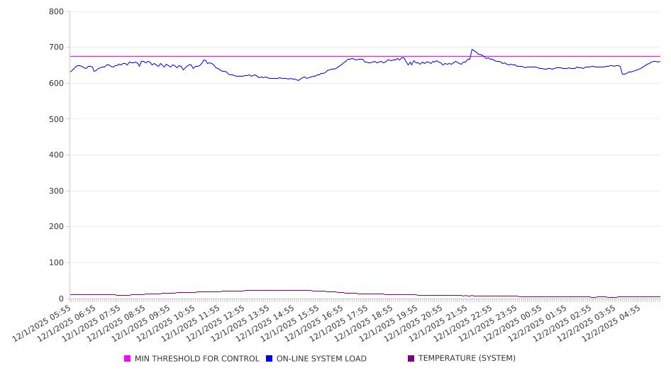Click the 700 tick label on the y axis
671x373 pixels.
tap(56, 48)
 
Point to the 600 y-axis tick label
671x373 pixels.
tap(56, 84)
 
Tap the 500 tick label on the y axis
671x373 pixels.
tap(56, 119)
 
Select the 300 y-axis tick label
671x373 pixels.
tap(56, 191)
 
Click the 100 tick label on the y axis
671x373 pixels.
tap(56, 263)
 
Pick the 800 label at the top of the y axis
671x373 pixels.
tap(56, 12)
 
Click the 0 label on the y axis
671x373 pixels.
tap(62, 299)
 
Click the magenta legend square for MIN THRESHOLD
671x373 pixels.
tap(128, 359)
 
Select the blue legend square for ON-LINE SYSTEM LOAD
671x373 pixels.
tap(269, 359)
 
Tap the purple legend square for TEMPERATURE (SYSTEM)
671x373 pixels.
tap(411, 359)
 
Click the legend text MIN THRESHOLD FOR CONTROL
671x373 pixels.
tap(196, 359)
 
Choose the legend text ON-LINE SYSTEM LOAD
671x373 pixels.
tap(321, 359)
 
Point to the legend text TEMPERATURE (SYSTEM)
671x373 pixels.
tap(467, 359)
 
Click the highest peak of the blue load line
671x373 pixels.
tap(472, 50)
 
